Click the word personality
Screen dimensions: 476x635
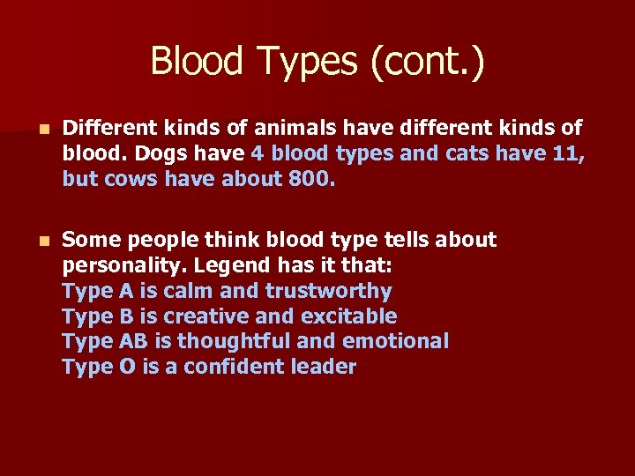123,265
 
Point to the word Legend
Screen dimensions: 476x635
230,265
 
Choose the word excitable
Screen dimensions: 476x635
347,316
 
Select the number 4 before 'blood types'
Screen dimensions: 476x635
258,153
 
